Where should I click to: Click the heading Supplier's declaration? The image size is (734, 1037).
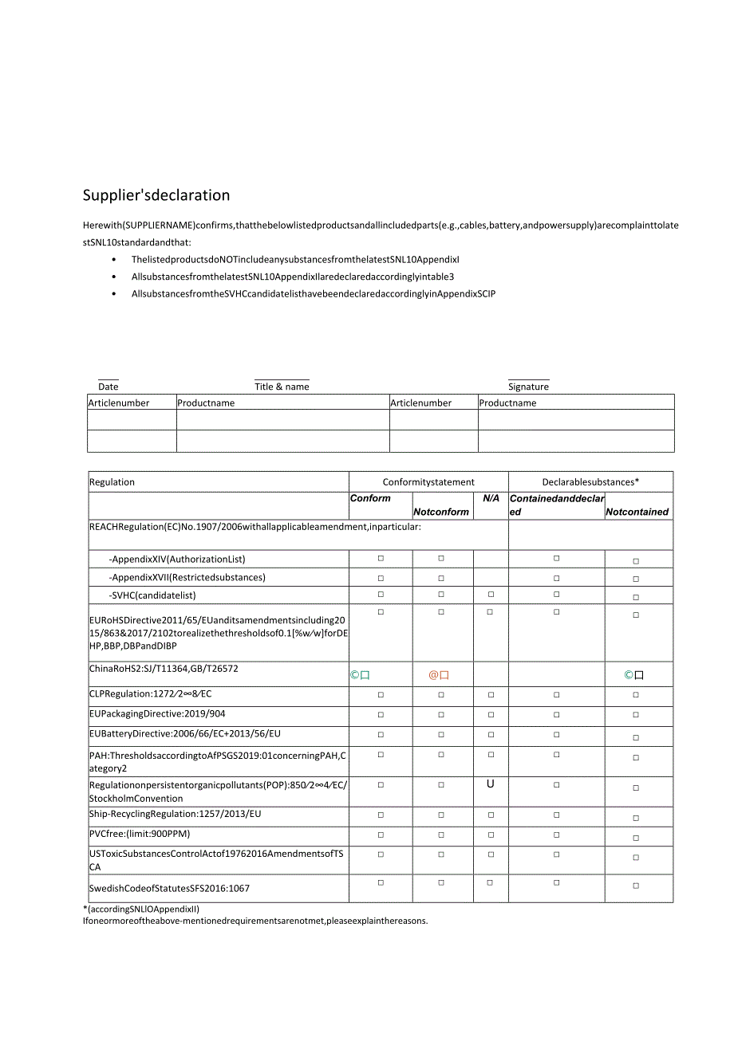(x=156, y=195)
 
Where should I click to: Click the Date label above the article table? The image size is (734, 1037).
(x=109, y=387)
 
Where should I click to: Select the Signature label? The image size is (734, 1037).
(x=528, y=387)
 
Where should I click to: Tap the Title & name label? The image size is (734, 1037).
(x=282, y=387)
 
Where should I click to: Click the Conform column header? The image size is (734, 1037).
(x=370, y=498)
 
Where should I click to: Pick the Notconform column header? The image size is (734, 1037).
(x=441, y=512)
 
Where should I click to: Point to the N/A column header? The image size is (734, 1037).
(x=491, y=498)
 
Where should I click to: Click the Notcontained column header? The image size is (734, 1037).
(x=637, y=512)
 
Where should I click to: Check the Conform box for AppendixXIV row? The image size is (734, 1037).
(x=381, y=559)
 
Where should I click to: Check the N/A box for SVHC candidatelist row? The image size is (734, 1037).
(x=491, y=595)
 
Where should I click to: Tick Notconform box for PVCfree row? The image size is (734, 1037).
(x=441, y=835)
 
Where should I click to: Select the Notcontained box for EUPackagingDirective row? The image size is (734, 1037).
(x=636, y=715)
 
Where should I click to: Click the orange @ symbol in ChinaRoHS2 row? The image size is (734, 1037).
(x=434, y=675)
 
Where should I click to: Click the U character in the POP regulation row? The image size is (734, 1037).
(x=491, y=784)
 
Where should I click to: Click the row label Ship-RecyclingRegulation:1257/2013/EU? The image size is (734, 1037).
(x=175, y=814)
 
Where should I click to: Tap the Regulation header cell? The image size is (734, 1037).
(x=112, y=482)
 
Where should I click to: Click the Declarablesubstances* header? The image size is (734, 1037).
(x=590, y=482)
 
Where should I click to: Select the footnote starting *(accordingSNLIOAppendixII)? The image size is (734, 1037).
(x=141, y=909)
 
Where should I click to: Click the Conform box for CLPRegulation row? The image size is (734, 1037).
(x=381, y=694)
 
